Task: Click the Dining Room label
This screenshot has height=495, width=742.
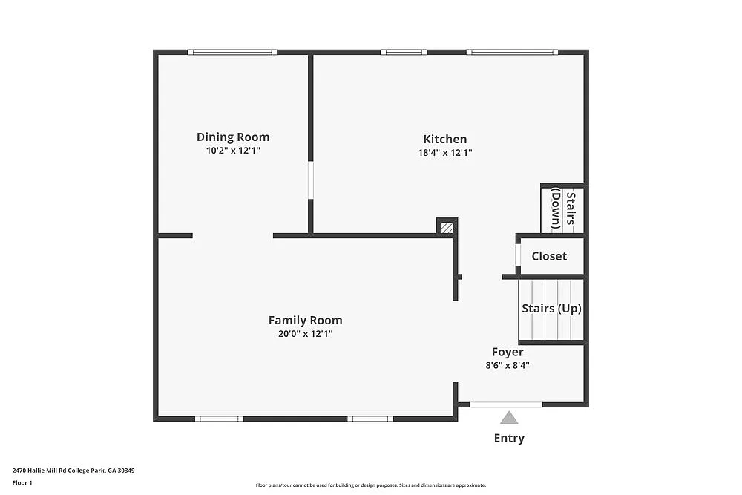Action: (233, 137)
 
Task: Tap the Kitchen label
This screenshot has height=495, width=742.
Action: (445, 140)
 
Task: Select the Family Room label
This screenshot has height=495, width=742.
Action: (305, 321)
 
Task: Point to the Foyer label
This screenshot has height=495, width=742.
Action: (508, 353)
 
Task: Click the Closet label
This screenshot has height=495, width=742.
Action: (549, 256)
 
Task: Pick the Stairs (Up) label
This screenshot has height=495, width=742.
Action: (551, 309)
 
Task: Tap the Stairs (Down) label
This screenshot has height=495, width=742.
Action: (562, 209)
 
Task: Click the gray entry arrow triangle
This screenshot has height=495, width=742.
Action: (509, 418)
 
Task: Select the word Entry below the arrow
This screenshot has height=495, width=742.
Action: (509, 439)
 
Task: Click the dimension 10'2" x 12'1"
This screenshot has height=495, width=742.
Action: (233, 151)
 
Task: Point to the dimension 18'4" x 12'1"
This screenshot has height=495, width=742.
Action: (445, 153)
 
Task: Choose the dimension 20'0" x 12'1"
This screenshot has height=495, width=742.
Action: (305, 334)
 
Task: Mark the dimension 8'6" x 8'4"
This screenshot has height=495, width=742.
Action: (508, 365)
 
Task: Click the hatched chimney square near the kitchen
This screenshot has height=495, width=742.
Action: (447, 228)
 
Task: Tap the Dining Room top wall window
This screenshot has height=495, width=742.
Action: (232, 52)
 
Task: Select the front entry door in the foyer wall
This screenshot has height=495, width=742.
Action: (506, 404)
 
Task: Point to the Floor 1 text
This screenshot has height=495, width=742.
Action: (22, 483)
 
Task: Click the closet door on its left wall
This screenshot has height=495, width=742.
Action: (517, 255)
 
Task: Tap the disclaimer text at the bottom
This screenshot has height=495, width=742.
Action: (370, 485)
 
